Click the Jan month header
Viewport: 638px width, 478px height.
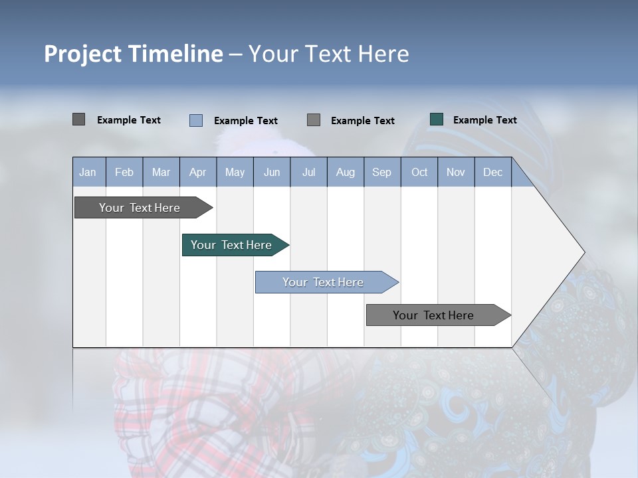(x=88, y=172)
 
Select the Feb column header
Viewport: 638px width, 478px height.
(x=124, y=172)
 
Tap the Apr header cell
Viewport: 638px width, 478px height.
(x=197, y=172)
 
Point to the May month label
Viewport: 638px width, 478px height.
(x=235, y=172)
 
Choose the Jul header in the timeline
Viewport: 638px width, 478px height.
(x=308, y=172)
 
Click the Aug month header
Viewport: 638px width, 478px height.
(x=346, y=172)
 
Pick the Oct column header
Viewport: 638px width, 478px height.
(x=419, y=172)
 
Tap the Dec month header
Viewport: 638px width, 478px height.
(x=492, y=172)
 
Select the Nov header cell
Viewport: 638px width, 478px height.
(x=456, y=172)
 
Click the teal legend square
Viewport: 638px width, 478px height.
(x=437, y=119)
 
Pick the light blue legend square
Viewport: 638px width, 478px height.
(x=196, y=120)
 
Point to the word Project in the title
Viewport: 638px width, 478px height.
(x=82, y=54)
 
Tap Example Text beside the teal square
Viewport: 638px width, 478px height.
(x=484, y=120)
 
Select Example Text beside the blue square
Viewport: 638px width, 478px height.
(x=245, y=121)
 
